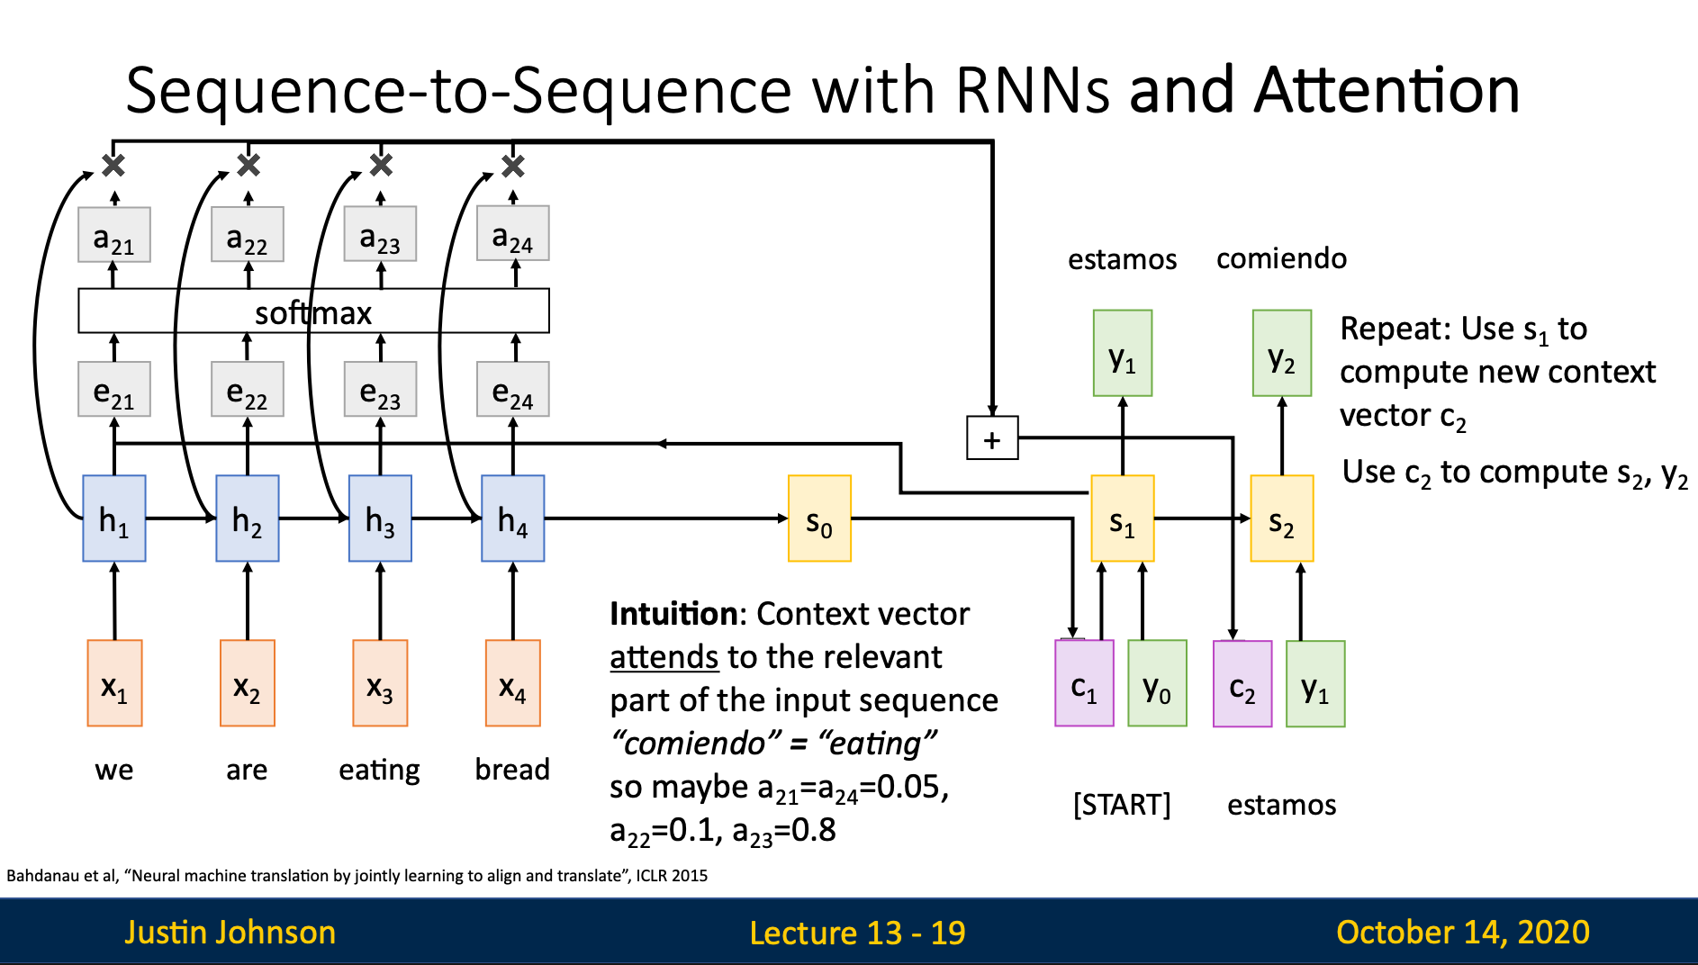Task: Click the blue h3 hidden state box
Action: pos(380,519)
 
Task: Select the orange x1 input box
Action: pos(114,683)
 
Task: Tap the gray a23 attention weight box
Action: pos(380,234)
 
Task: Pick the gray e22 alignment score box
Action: pos(248,389)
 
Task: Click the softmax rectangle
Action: pos(313,311)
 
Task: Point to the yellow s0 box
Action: pos(819,519)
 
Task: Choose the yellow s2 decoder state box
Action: pos(1282,519)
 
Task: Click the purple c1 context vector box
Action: pos(1084,683)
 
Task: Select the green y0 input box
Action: pos(1157,683)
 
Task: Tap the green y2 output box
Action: pos(1282,353)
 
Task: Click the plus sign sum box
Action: pos(992,438)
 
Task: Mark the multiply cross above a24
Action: pos(513,166)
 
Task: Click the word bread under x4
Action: pos(512,770)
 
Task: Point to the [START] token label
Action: pos(1122,804)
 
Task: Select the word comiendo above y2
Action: pos(1281,258)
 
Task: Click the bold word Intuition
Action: pos(673,614)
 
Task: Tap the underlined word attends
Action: pos(664,657)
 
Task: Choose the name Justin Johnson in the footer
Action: pos(230,933)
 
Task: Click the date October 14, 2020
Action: pos(1463,933)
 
